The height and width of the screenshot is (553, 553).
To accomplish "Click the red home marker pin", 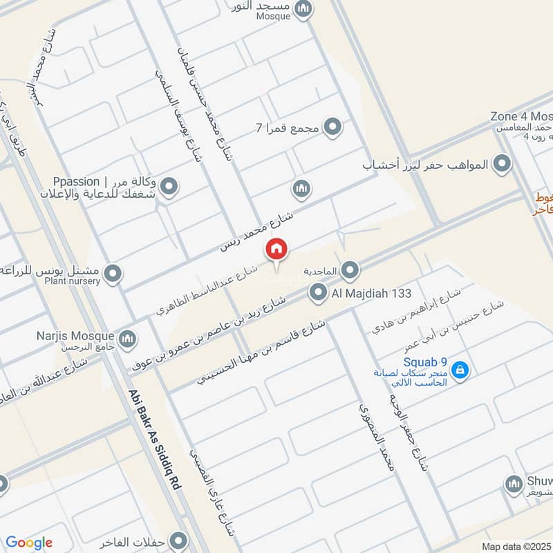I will click(x=276, y=249).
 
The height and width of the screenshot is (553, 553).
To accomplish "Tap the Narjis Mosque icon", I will click(x=126, y=339).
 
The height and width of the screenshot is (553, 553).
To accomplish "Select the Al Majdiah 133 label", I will click(x=371, y=293).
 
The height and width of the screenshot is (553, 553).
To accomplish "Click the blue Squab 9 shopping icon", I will click(x=460, y=371).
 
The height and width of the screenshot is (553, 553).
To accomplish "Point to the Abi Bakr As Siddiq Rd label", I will click(x=153, y=440).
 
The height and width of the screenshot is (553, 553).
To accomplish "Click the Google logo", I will click(x=28, y=543).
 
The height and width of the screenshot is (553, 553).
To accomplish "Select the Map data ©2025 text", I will click(x=516, y=546).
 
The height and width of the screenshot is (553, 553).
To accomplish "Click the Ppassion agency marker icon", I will click(x=169, y=186).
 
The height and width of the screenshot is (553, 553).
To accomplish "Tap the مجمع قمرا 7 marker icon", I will click(x=333, y=127).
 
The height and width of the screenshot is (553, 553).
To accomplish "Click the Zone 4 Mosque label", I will click(x=521, y=116).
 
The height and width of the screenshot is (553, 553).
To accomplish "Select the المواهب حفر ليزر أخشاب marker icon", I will click(x=503, y=165).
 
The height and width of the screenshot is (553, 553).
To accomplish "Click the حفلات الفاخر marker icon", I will click(x=179, y=540).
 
